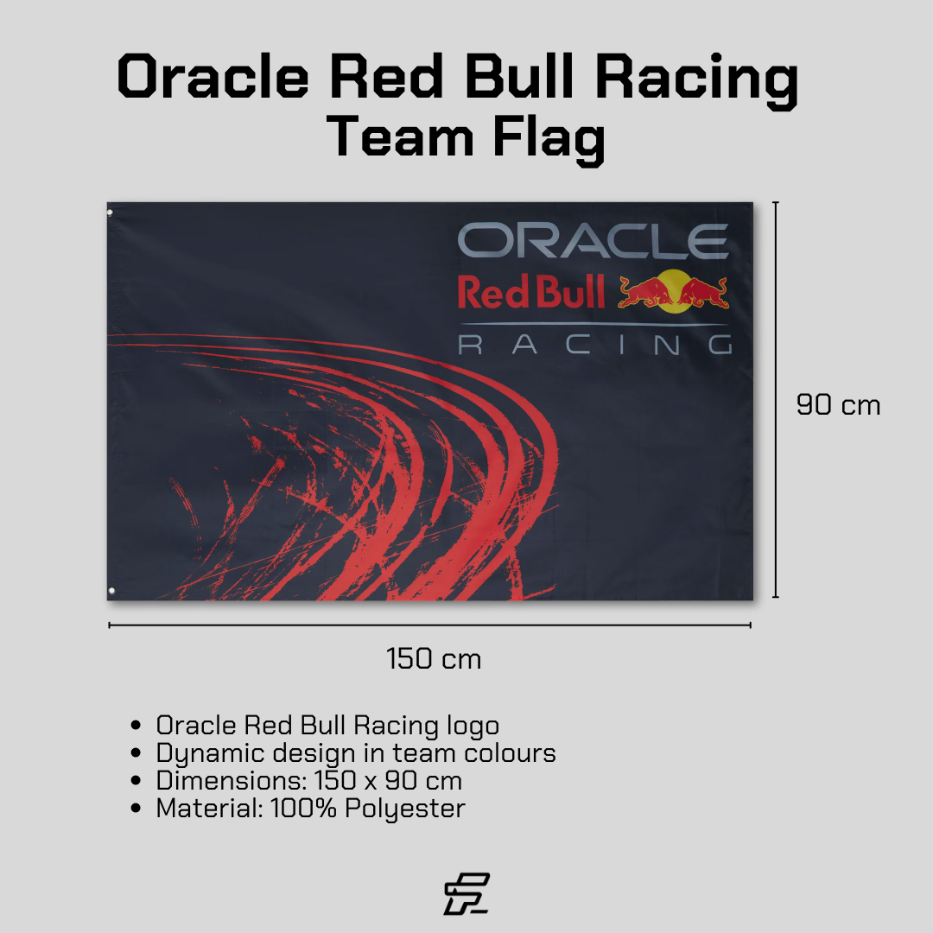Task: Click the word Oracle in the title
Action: [x=213, y=78]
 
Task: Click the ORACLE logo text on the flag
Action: [x=593, y=240]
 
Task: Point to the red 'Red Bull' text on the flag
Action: [x=530, y=293]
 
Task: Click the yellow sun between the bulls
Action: [x=673, y=287]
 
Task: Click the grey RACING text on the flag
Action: [x=594, y=346]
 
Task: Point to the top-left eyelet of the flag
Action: [x=110, y=212]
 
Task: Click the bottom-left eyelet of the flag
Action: [x=111, y=591]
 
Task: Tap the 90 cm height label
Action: [x=838, y=404]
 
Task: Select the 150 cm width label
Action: [x=434, y=659]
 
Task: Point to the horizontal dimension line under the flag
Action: [x=429, y=625]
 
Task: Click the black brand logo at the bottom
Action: [x=466, y=893]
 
